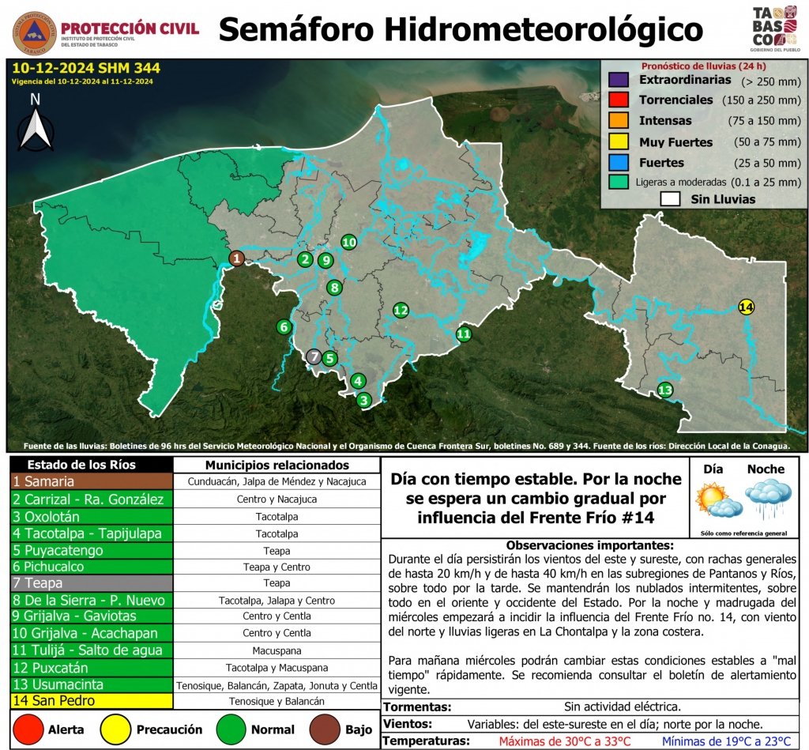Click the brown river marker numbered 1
point(235,258)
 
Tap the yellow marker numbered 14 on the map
point(746,307)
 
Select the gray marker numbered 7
point(314,357)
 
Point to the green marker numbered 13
point(665,390)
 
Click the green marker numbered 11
point(464,334)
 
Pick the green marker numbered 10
point(348,242)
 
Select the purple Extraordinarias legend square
point(619,80)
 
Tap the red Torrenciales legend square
point(619,100)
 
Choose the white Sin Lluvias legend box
point(671,199)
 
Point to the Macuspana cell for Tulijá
point(277,650)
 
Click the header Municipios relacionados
point(277,465)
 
